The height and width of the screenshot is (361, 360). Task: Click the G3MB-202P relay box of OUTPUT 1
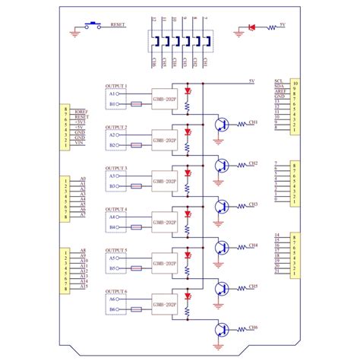pos(164,98)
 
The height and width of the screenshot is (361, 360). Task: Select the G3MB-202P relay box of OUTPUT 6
pos(164,304)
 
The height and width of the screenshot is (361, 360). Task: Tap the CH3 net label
pos(253,204)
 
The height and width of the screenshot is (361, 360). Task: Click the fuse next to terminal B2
pos(137,144)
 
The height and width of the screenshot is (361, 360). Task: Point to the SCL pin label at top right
pos(279,79)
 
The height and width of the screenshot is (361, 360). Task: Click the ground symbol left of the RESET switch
pos(76,32)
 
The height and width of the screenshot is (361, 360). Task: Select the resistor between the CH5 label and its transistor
pos(242,288)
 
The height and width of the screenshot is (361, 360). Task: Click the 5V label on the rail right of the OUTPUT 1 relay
pos(251,80)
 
